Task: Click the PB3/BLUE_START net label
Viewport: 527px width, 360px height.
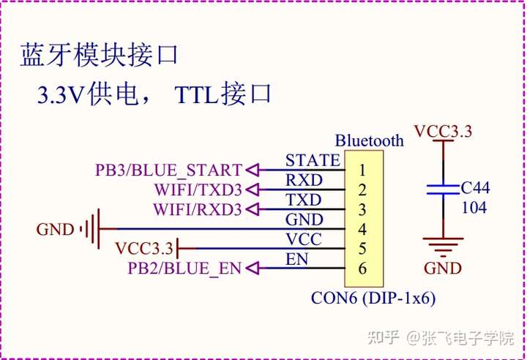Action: point(168,170)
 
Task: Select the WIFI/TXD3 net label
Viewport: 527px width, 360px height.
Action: point(198,190)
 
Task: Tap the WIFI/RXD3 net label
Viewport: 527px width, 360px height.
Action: point(198,210)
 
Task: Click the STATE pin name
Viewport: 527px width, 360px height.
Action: point(313,160)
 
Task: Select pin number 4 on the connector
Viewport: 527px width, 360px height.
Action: point(362,229)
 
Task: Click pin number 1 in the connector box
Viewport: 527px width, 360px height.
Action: point(362,170)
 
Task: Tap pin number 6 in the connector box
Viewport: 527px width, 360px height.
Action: point(362,269)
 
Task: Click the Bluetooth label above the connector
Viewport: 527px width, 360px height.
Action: point(369,140)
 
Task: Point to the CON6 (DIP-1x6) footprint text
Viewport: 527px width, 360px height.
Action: point(374,299)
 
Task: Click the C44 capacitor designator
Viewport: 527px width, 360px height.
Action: point(475,188)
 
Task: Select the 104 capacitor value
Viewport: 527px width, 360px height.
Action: point(474,208)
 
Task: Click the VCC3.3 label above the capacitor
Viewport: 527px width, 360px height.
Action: point(443,132)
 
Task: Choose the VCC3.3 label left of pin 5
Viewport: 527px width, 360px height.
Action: point(144,249)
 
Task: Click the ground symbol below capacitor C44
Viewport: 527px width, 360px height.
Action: point(443,244)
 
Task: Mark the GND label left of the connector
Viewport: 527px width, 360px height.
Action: point(55,230)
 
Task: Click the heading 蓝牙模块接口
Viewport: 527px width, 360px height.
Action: point(100,56)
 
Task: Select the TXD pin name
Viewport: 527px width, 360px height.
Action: point(303,200)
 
